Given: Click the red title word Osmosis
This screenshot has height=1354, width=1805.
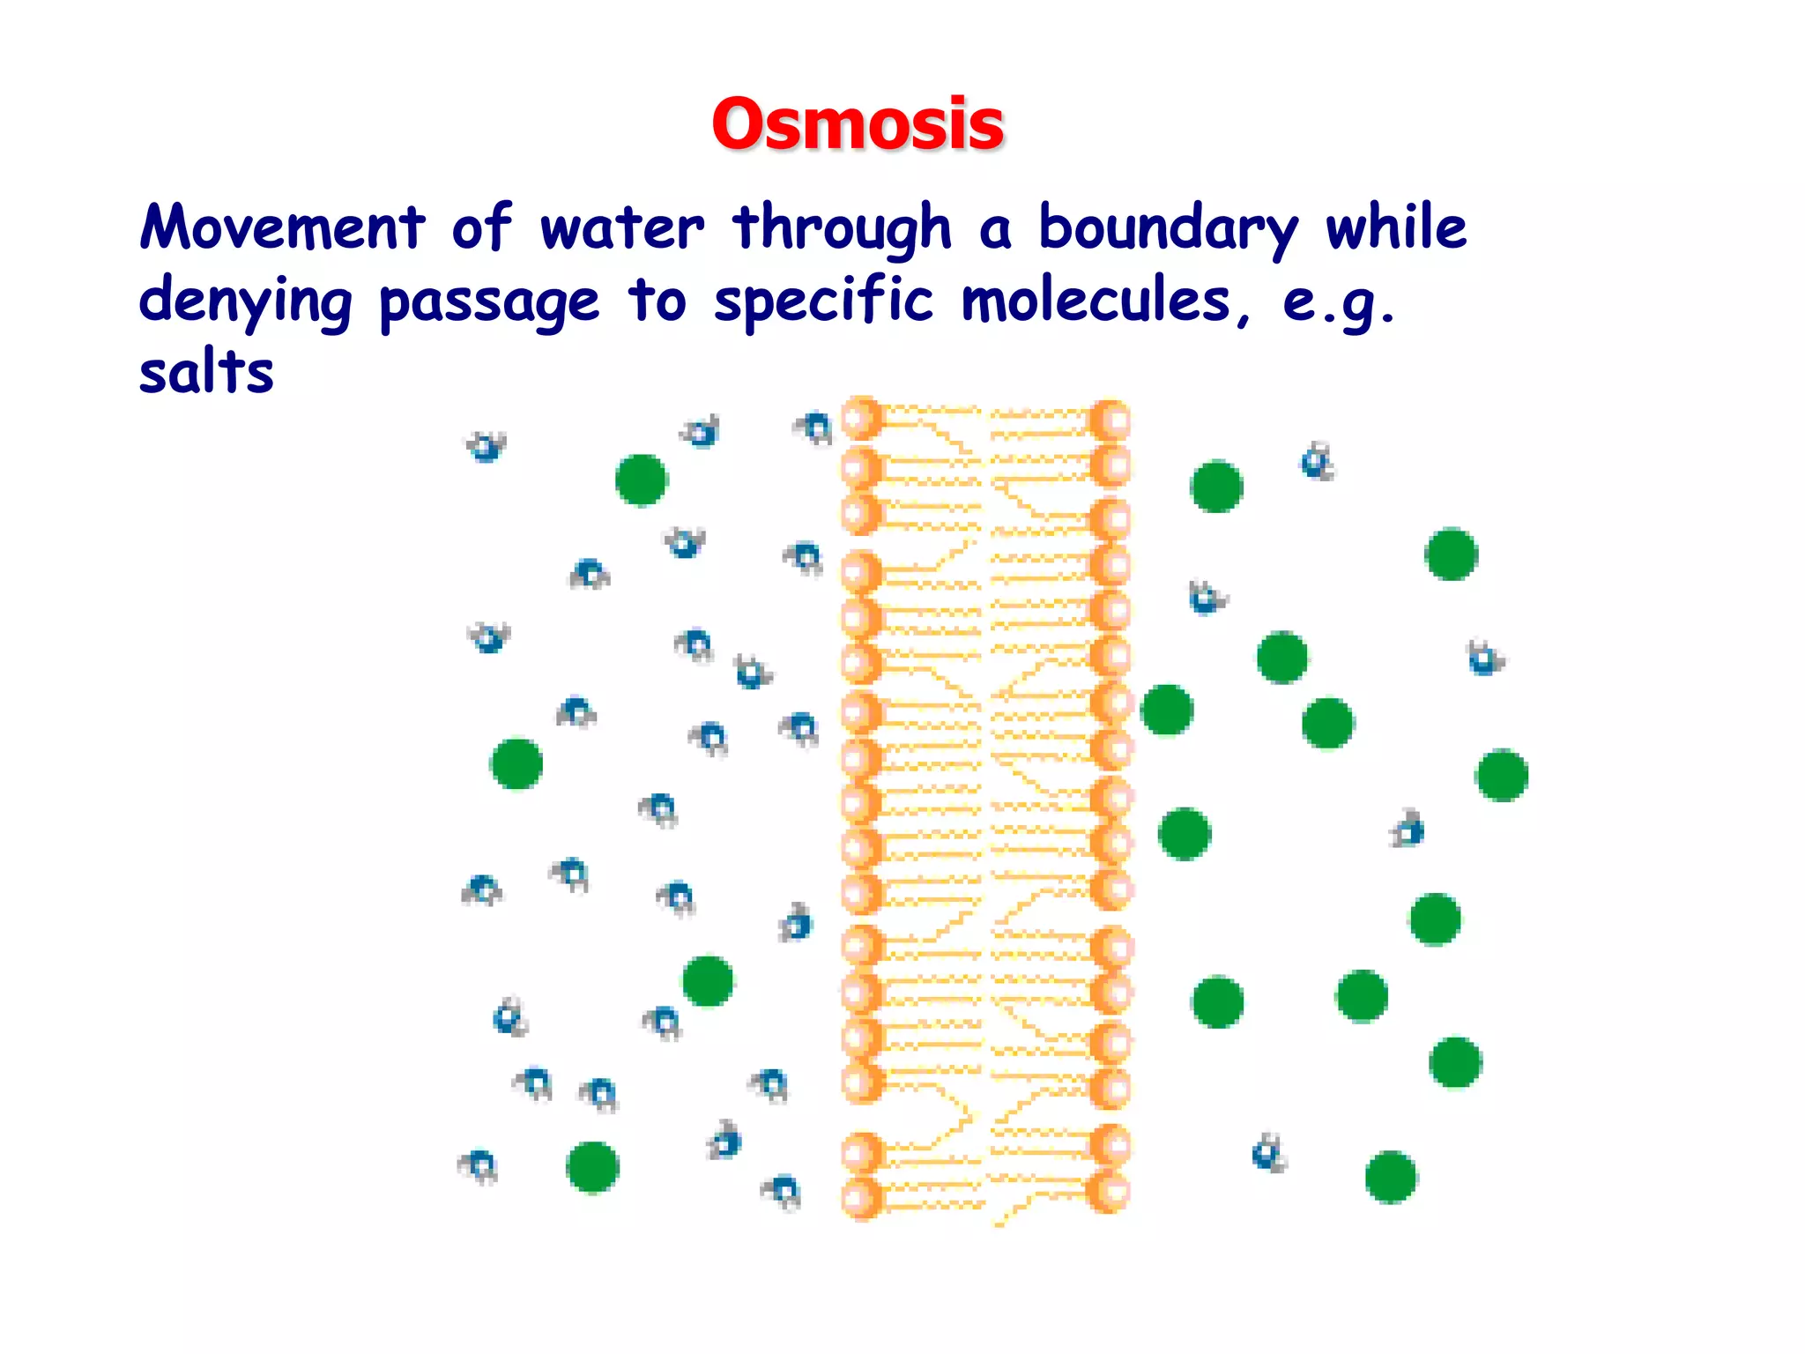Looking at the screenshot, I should coord(857,123).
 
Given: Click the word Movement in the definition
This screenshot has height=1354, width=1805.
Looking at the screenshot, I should coord(282,227).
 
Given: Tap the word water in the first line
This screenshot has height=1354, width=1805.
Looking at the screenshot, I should coord(621,227).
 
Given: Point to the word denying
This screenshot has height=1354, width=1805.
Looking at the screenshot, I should coord(245,301).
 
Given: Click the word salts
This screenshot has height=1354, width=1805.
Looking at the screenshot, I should coord(206,372).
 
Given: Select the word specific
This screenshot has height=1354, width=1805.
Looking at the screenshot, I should coord(822,301).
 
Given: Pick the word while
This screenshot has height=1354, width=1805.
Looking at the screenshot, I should coord(1396,227).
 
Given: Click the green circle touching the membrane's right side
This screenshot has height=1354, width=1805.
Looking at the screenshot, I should coord(1167,710).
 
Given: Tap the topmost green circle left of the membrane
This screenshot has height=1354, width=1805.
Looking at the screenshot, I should coord(641,480).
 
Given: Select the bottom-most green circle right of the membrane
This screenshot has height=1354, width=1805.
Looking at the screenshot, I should coord(1390,1177).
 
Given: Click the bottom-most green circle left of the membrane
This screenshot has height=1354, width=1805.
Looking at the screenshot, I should coord(592,1167).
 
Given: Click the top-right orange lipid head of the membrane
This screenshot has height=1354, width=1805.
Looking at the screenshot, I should coord(1110,420).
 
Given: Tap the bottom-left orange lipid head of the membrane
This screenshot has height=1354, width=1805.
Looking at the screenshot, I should coord(861,1198).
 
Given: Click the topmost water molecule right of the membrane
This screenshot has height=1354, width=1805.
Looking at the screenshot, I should coord(1317,462).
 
